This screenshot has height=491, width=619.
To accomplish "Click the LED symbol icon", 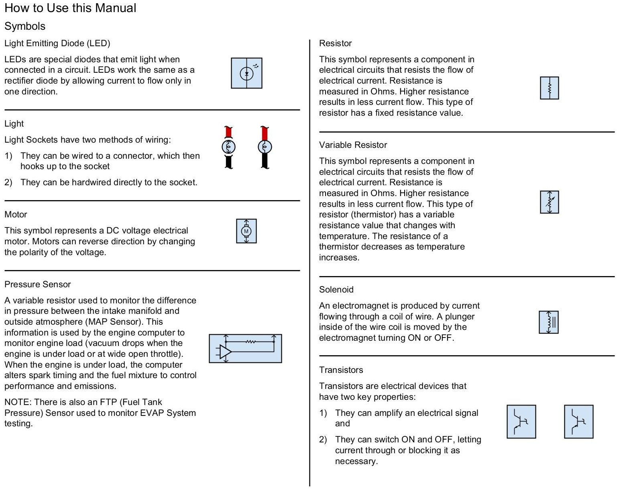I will (x=246, y=73).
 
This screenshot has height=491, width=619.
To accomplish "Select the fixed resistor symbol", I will (x=549, y=88).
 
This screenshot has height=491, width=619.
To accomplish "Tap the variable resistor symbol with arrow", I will (x=549, y=202).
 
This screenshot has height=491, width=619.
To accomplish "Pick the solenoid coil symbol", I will (x=548, y=322).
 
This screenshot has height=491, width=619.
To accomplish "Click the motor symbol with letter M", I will (x=246, y=231).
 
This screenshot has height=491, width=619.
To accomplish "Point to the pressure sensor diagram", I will (x=245, y=348).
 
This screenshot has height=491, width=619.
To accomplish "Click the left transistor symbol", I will (x=521, y=421).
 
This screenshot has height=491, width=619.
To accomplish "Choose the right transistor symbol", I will (x=578, y=421).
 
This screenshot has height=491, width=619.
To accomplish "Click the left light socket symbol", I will (x=229, y=147).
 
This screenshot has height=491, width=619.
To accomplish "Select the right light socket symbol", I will (x=265, y=147).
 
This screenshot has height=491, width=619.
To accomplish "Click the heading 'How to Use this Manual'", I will (x=70, y=8).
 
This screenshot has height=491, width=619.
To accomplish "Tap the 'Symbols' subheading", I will (x=25, y=26).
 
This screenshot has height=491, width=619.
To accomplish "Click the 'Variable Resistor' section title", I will (x=353, y=145).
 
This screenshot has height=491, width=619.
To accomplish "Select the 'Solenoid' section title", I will (x=336, y=290).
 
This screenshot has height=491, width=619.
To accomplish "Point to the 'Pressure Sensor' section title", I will (x=37, y=284).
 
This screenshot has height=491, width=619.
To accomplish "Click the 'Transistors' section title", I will (x=341, y=370).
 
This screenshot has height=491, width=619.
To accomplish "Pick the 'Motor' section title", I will (x=16, y=215).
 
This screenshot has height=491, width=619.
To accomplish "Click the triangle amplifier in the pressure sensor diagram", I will (x=225, y=352).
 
